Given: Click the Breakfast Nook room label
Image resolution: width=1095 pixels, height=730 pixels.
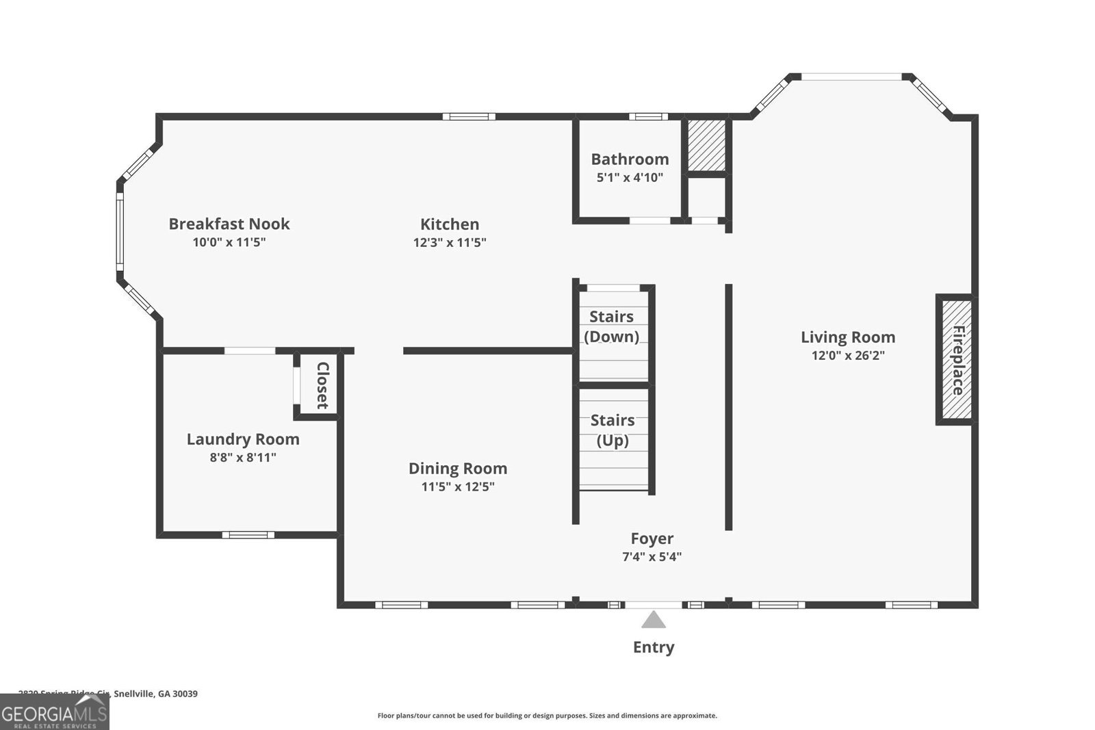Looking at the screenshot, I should [x=229, y=224].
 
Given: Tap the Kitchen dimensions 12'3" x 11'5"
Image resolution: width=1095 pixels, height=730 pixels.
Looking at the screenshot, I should [x=450, y=242].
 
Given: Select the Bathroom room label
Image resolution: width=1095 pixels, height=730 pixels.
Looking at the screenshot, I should [x=630, y=159].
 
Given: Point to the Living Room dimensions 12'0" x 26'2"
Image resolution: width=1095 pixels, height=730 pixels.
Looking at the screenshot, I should [x=848, y=355].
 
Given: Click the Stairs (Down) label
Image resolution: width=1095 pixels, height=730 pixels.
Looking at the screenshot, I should [x=611, y=326].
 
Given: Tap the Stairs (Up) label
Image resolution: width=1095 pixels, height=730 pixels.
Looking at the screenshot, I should [x=613, y=430].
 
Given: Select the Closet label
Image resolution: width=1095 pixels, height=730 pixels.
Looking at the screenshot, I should [x=322, y=385].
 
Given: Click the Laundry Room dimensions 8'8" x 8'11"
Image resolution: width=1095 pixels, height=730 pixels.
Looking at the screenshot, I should [x=243, y=457].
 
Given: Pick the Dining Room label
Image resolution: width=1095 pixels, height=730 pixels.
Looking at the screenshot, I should [x=458, y=469].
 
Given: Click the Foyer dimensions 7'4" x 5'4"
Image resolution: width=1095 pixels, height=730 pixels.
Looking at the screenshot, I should [x=652, y=557].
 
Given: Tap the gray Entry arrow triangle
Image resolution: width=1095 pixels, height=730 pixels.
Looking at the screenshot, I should [x=654, y=621].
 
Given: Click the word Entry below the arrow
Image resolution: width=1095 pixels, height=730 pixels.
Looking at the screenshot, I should [x=654, y=647].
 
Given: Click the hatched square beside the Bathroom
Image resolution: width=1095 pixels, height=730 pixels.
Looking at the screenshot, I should [x=706, y=146].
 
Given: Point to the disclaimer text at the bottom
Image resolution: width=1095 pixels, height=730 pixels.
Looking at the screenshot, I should [x=547, y=716].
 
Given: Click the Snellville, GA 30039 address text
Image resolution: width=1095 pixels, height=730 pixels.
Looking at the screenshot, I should [x=156, y=693].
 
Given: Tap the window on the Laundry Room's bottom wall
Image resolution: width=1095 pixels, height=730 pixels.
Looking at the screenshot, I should [x=248, y=535].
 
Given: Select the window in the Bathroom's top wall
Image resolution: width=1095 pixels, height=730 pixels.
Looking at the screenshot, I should [x=648, y=117].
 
